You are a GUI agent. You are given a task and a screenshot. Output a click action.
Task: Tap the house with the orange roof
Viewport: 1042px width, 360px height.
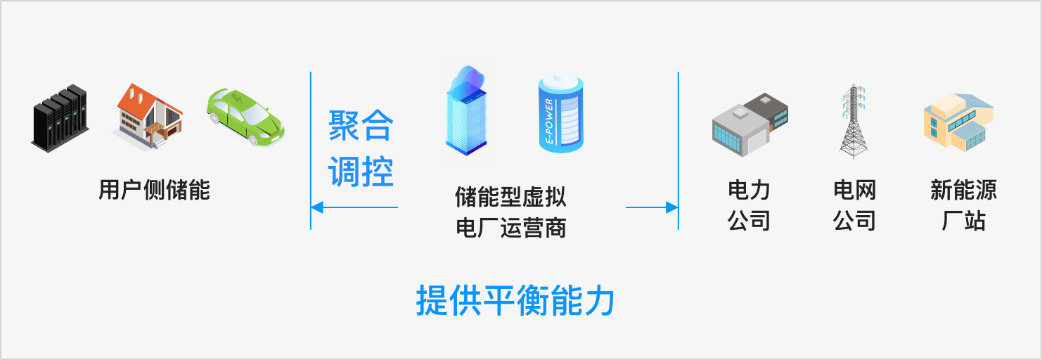pyautogui.click(x=148, y=115)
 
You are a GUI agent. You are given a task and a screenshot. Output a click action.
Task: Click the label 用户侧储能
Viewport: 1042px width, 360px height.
pyautogui.click(x=154, y=190)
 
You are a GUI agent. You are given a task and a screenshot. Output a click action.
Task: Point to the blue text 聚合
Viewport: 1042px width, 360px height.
pyautogui.click(x=361, y=127)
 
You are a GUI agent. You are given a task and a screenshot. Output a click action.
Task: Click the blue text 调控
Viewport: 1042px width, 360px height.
pyautogui.click(x=361, y=171)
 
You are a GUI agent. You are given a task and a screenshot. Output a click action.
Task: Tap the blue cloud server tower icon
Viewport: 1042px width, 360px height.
pyautogui.click(x=468, y=112)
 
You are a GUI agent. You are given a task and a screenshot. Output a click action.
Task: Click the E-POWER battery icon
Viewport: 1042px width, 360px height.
pyautogui.click(x=561, y=112)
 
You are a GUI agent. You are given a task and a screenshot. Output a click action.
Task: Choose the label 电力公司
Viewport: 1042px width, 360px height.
pyautogui.click(x=750, y=205)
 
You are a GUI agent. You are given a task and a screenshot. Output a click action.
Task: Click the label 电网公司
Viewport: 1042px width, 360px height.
pyautogui.click(x=854, y=205)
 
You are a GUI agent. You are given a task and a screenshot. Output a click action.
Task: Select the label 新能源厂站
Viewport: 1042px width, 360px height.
pyautogui.click(x=963, y=205)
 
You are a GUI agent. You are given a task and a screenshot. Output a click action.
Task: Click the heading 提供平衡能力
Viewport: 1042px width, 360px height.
pyautogui.click(x=515, y=301)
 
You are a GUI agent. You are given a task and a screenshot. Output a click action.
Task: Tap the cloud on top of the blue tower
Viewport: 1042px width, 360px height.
pyautogui.click(x=468, y=77)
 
